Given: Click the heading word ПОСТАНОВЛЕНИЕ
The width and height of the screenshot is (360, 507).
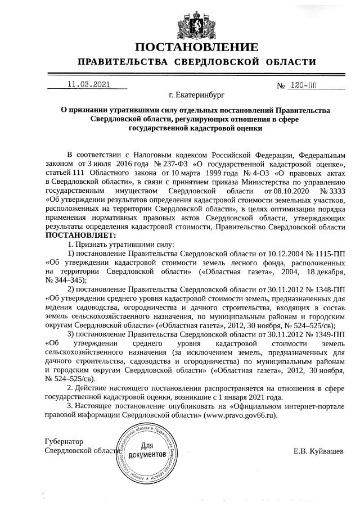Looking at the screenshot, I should [196, 47].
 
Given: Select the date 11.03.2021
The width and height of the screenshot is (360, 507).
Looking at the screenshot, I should [89, 85].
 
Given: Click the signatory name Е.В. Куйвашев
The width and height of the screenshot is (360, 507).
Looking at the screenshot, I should [318, 451].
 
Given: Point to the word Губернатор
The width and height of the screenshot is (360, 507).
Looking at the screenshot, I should [64, 442].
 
